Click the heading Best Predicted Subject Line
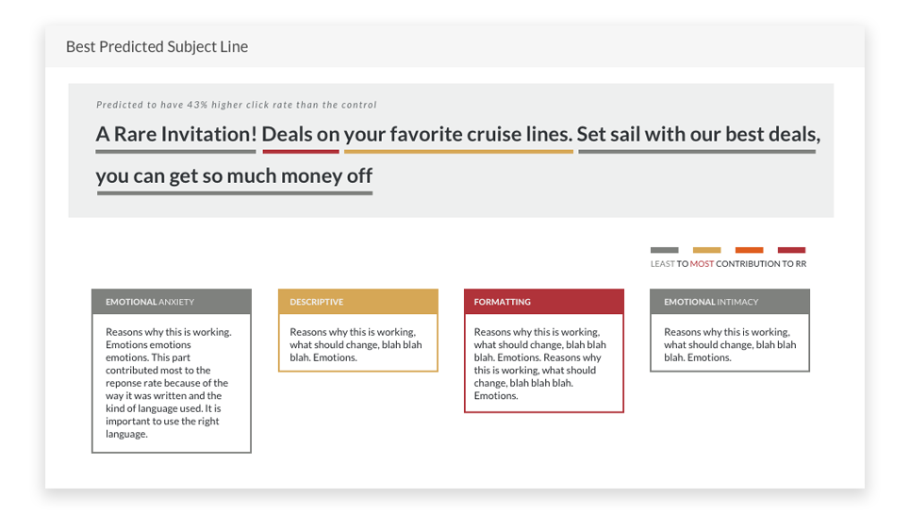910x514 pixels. [157, 46]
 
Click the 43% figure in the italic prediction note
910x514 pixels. [197, 105]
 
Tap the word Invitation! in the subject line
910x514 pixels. [208, 134]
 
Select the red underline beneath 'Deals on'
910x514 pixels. [301, 152]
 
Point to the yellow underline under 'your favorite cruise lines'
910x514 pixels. [458, 152]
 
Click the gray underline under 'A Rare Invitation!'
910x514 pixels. [175, 152]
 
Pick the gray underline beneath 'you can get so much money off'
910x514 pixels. [235, 193]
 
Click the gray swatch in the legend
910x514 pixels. [665, 250]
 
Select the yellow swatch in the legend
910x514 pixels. [707, 250]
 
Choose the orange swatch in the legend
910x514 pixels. [750, 250]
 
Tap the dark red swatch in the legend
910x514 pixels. [791, 250]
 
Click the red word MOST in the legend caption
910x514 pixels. [702, 264]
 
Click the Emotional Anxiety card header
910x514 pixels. [172, 302]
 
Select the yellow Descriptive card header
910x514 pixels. [358, 302]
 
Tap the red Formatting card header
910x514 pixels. [544, 302]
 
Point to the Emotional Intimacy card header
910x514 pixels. [730, 302]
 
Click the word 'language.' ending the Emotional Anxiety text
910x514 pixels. [126, 435]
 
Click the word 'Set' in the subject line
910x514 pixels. [591, 134]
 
